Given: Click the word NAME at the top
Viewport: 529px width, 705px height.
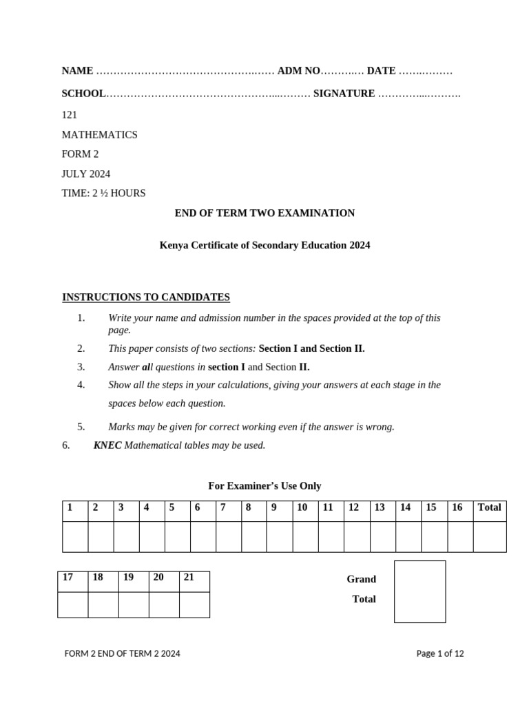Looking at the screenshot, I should pyautogui.click(x=77, y=71).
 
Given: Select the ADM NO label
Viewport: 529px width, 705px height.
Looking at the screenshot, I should pyautogui.click(x=299, y=71).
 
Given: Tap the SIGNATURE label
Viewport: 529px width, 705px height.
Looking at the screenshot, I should pyautogui.click(x=344, y=94).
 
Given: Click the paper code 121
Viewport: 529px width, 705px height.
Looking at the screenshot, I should pyautogui.click(x=70, y=115).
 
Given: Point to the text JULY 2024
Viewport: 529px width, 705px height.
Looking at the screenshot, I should pyautogui.click(x=86, y=173).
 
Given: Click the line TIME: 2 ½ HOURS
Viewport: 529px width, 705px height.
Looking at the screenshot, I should pyautogui.click(x=103, y=193).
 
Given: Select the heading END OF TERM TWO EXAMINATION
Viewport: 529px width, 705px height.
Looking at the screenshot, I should pyautogui.click(x=264, y=213).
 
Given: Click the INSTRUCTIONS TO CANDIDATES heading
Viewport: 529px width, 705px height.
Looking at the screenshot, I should pyautogui.click(x=146, y=297).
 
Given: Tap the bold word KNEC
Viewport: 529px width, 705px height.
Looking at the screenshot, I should pyautogui.click(x=107, y=445).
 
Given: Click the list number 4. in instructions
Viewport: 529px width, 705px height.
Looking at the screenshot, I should pyautogui.click(x=81, y=385).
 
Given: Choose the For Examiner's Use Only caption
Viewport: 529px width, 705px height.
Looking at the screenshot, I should pyautogui.click(x=264, y=486).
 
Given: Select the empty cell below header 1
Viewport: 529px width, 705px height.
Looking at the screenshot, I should pyautogui.click(x=75, y=536).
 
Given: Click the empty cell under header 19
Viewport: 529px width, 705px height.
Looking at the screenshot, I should pyautogui.click(x=133, y=604).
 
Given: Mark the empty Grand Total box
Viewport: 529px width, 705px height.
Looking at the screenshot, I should pyautogui.click(x=419, y=591).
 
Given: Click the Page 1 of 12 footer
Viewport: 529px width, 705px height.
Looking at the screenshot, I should pyautogui.click(x=440, y=654).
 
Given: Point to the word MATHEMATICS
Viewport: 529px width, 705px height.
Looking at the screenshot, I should pyautogui.click(x=100, y=135).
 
